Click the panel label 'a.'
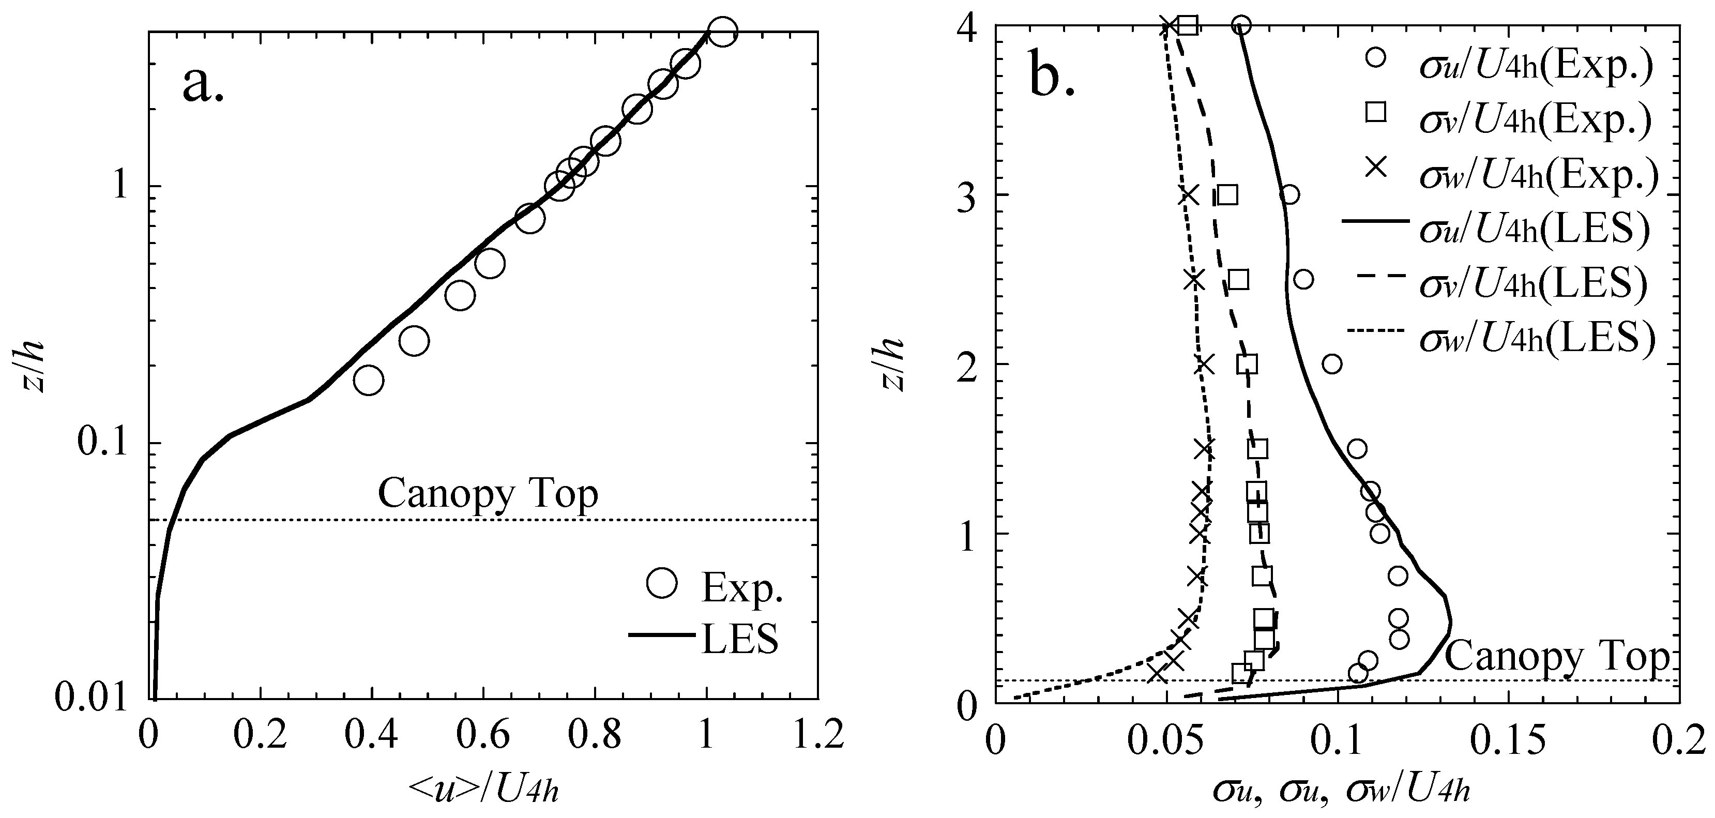click(203, 85)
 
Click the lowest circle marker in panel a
click(369, 380)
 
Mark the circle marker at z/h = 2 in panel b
click(1331, 364)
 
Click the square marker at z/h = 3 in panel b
click(1227, 195)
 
